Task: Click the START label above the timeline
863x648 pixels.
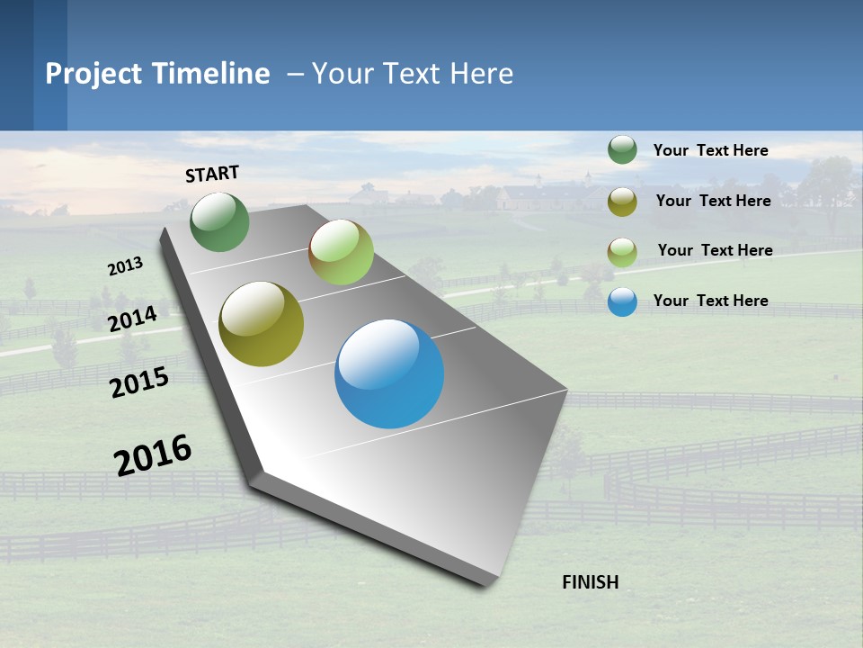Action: point(212,174)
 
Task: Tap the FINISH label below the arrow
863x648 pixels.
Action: point(590,582)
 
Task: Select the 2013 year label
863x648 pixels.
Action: point(125,266)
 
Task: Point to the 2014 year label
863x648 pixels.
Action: point(132,319)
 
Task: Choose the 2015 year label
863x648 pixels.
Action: point(139,382)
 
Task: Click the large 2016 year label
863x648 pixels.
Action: point(153,454)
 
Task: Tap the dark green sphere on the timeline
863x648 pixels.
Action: point(219,221)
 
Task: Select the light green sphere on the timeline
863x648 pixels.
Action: point(341,252)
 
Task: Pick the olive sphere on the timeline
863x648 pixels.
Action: point(262,324)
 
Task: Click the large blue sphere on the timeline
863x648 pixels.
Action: point(389,373)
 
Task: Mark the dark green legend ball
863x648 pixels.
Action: point(622,150)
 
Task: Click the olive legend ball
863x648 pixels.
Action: point(622,202)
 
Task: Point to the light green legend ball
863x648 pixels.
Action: point(622,252)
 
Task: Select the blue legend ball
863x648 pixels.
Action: point(622,301)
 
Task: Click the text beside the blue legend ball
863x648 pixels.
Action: point(710,301)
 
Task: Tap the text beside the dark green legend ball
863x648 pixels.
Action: point(710,150)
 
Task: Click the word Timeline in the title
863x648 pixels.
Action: point(211,74)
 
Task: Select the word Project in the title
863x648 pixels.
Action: point(94,74)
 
